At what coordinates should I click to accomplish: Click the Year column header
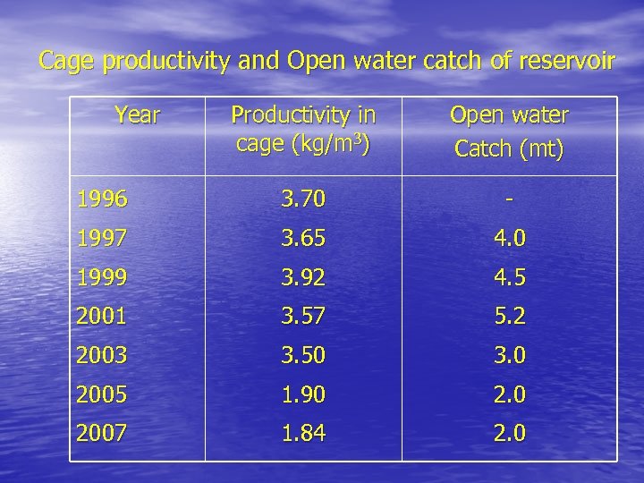click(x=138, y=115)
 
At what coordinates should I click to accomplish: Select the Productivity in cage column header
click(x=303, y=129)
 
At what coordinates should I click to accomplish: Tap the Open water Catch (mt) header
click(x=509, y=131)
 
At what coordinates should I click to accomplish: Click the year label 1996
click(x=103, y=199)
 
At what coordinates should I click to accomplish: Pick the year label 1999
click(x=103, y=277)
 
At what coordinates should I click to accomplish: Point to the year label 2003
click(x=103, y=355)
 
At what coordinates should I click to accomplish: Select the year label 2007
click(x=103, y=434)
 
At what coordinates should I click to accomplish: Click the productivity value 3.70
click(x=303, y=199)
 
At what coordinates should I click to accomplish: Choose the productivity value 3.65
click(x=303, y=239)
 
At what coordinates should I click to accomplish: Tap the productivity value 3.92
click(x=303, y=277)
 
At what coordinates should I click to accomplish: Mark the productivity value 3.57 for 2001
click(x=303, y=317)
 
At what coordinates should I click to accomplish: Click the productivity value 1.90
click(x=303, y=394)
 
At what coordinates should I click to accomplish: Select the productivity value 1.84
click(x=303, y=434)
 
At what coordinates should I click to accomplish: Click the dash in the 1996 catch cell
click(x=509, y=200)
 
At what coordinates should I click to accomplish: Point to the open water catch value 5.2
click(x=509, y=317)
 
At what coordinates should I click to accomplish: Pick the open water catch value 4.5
click(x=509, y=277)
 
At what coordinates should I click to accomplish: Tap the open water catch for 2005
click(x=509, y=394)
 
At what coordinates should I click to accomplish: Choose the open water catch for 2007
click(x=509, y=434)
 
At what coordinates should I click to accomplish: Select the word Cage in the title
click(x=68, y=62)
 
